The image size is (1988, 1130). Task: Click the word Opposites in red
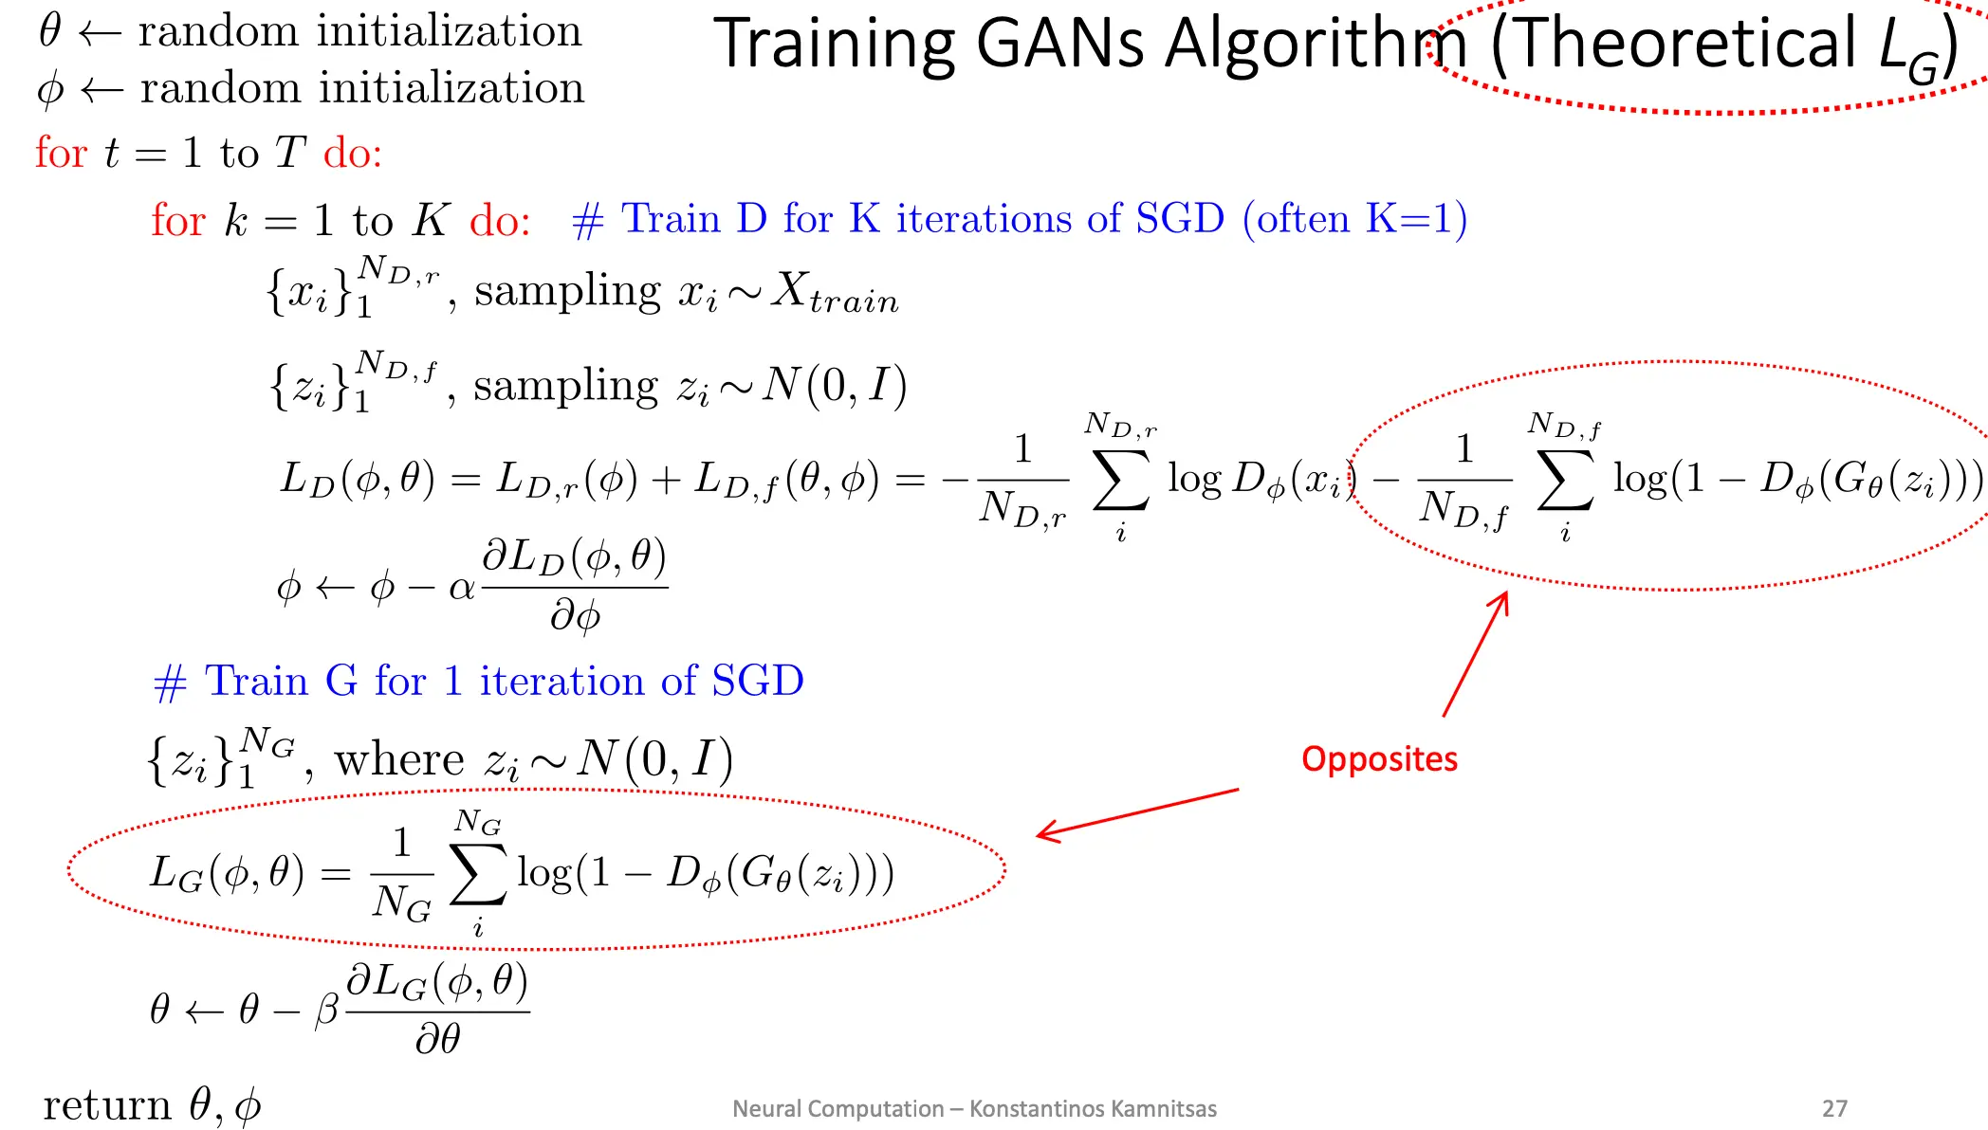1379,759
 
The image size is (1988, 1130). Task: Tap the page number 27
1834,1108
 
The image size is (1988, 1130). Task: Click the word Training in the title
836,44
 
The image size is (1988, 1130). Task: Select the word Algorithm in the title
1316,44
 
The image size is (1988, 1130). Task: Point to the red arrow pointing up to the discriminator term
1476,654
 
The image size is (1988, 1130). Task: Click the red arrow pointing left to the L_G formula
1137,814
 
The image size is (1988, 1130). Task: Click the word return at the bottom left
107,1105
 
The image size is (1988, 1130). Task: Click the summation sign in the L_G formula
478,873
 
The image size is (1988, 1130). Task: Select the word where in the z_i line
399,760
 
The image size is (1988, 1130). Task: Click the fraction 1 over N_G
402,874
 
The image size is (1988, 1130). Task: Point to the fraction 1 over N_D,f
1464,482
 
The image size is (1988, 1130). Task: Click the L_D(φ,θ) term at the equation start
358,479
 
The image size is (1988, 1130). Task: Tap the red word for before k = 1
178,220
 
